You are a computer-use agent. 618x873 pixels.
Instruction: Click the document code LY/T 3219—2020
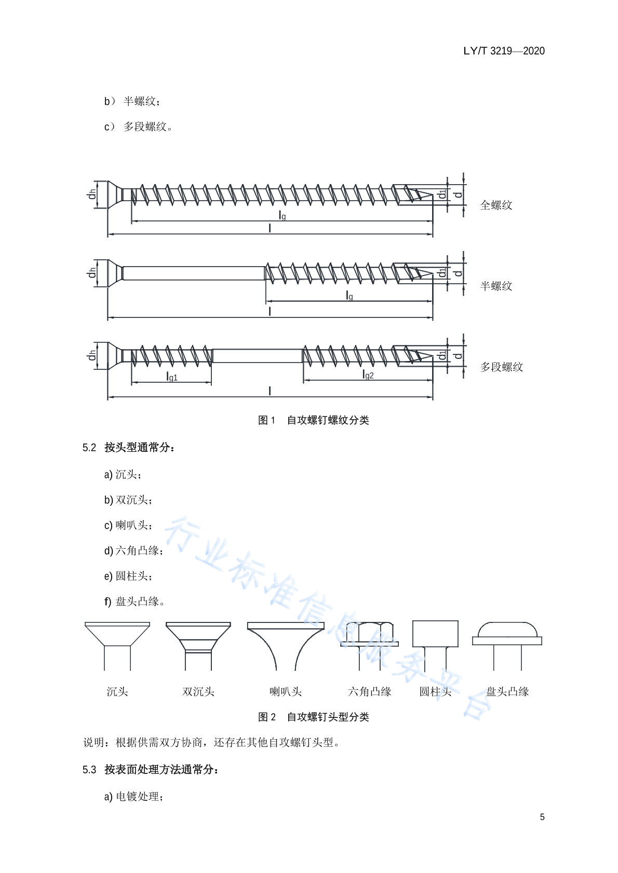click(x=504, y=51)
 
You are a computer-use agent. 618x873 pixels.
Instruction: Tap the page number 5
click(x=542, y=817)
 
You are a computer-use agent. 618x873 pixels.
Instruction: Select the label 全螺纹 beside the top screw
click(x=496, y=205)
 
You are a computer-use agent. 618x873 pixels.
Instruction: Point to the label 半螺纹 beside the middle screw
click(x=496, y=286)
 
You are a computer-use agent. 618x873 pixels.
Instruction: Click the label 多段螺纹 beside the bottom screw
click(x=501, y=367)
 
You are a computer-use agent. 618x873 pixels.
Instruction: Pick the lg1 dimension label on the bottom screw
click(x=172, y=377)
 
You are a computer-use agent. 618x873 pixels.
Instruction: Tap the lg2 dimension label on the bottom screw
click(x=368, y=375)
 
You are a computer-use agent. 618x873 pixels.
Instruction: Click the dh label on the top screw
click(x=92, y=193)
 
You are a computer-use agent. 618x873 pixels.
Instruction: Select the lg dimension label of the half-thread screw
click(x=349, y=296)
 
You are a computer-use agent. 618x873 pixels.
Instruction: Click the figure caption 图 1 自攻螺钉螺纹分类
click(x=313, y=420)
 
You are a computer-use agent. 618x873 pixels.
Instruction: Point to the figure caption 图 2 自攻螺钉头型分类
click(x=313, y=717)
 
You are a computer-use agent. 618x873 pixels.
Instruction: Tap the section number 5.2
click(x=89, y=448)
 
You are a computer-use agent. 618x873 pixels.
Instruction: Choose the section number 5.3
click(x=89, y=770)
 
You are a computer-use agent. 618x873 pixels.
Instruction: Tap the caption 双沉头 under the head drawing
click(x=198, y=692)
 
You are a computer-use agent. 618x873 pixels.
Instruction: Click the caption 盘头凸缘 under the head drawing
click(x=507, y=692)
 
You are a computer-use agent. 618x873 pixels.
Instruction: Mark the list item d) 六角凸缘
click(x=134, y=551)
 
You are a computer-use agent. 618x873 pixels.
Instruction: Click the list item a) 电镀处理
click(x=134, y=797)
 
